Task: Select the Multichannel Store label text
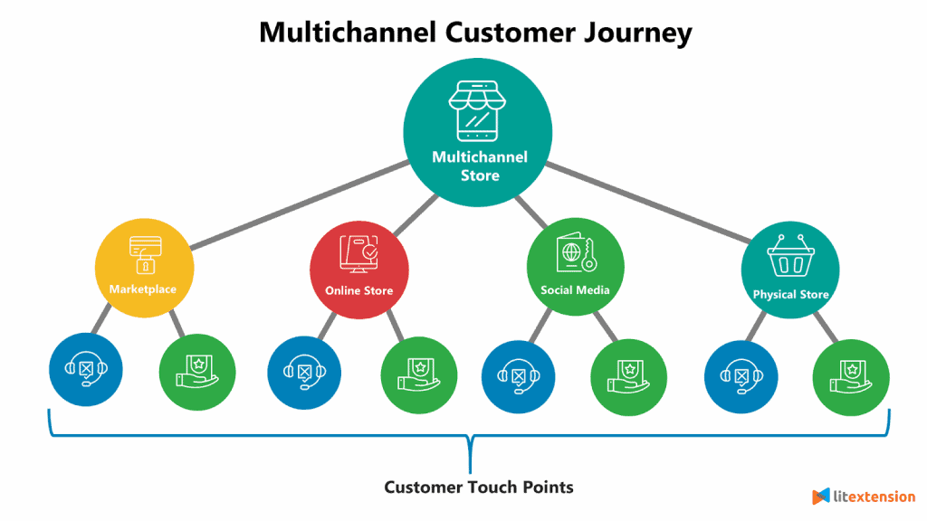click(479, 166)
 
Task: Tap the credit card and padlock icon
click(144, 254)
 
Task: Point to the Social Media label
click(575, 290)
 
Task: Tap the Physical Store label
click(790, 294)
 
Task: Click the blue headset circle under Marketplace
click(86, 371)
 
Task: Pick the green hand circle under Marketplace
click(197, 372)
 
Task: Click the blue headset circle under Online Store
click(305, 372)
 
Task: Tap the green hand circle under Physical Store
click(851, 375)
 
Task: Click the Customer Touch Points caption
click(479, 487)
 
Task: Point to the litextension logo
click(864, 497)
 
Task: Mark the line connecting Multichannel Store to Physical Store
click(652, 204)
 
